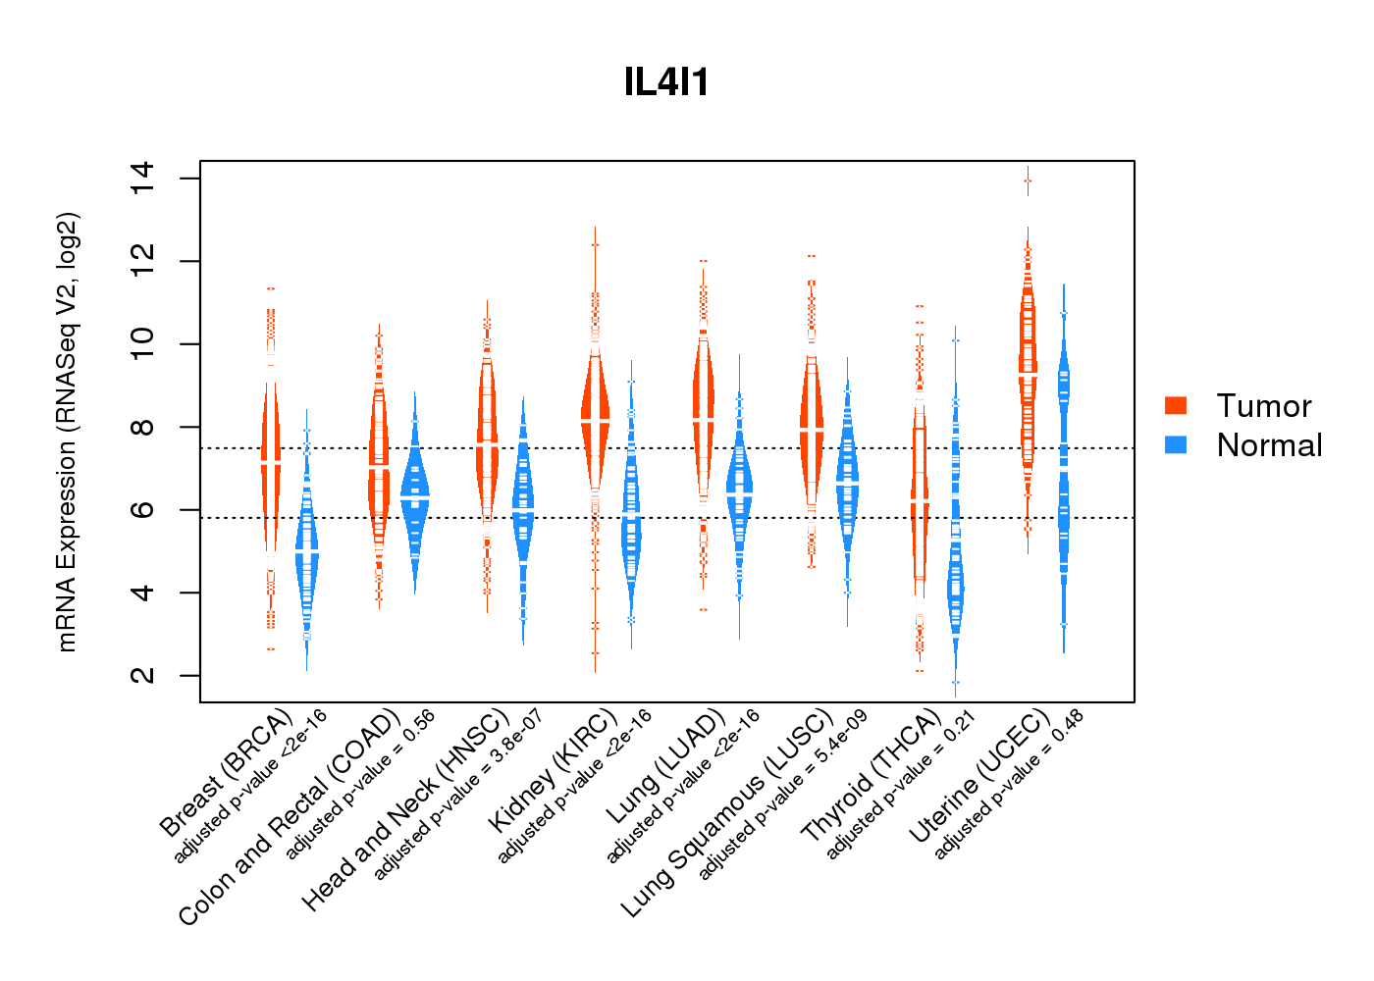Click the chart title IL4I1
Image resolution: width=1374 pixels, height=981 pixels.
tap(666, 82)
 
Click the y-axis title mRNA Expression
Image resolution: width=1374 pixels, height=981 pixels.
tap(67, 432)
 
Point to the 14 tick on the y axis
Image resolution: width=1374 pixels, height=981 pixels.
tap(141, 179)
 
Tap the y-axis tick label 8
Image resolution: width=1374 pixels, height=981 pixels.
tap(141, 427)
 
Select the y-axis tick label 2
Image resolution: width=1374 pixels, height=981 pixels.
tap(141, 675)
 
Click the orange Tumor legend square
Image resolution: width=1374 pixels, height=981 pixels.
tap(1176, 405)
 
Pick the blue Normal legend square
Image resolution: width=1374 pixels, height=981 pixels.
tap(1176, 444)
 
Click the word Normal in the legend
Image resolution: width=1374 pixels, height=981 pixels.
tap(1269, 445)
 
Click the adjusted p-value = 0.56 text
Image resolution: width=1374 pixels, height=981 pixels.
tap(359, 785)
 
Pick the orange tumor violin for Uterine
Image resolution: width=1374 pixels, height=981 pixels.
tap(1028, 373)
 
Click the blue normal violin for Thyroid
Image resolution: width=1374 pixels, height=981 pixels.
tap(955, 589)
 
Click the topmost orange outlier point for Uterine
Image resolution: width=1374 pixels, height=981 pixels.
tap(1028, 181)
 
